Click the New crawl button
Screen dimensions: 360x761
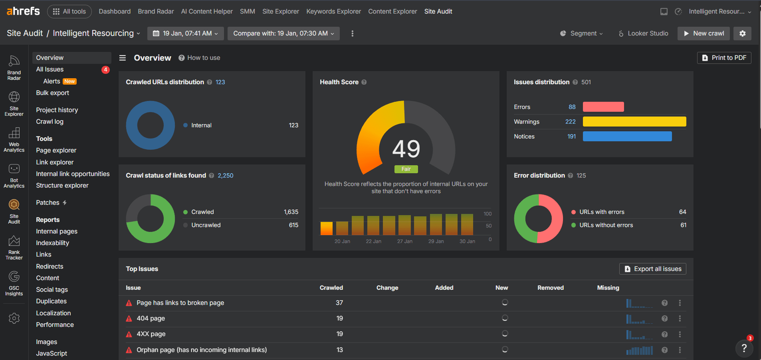pos(704,34)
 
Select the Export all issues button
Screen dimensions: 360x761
pos(653,269)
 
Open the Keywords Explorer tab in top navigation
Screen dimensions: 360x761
pos(333,12)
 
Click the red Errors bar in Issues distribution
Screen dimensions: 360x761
pos(603,107)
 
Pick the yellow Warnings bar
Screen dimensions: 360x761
pos(634,122)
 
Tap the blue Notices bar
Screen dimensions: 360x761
pos(627,136)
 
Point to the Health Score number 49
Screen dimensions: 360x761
pos(406,149)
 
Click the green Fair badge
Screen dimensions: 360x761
pos(406,169)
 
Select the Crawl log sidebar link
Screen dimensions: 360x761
pos(50,122)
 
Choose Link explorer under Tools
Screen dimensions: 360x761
pos(55,162)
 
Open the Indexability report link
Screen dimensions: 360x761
pos(52,243)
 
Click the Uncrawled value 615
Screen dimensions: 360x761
pos(293,225)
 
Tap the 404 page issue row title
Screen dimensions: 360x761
pos(151,318)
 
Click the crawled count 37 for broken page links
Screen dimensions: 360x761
pos(339,303)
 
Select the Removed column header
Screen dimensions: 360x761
pos(550,288)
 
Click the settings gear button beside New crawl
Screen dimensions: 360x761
pos(742,34)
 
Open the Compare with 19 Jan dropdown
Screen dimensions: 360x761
pos(283,34)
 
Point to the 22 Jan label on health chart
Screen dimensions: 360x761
pos(373,241)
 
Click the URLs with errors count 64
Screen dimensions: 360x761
pos(682,212)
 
